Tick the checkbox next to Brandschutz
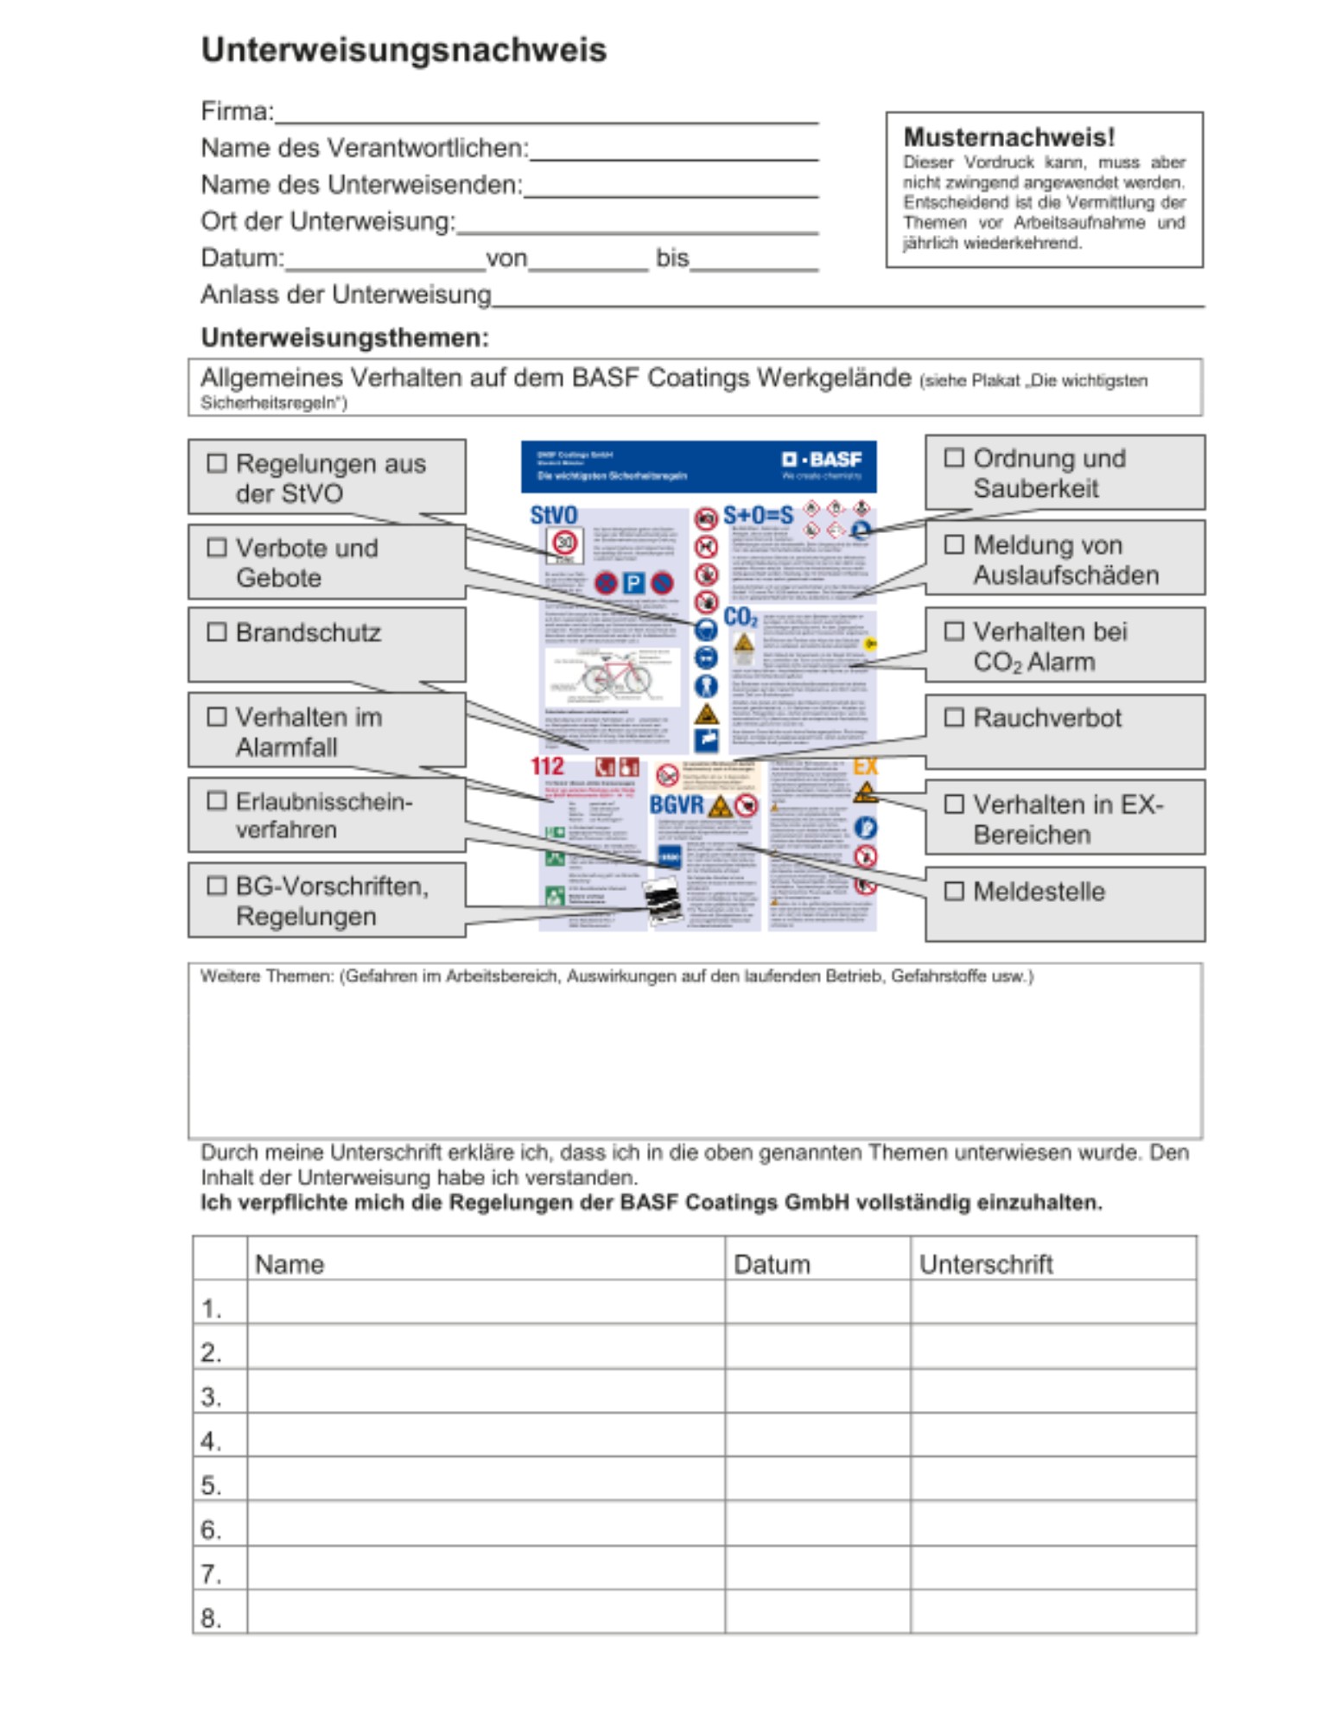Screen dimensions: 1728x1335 (217, 632)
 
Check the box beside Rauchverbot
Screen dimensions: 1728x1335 (954, 717)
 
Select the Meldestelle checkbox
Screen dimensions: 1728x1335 (954, 891)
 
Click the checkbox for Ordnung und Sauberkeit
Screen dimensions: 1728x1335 (954, 458)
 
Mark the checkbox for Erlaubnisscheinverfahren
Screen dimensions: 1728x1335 (217, 801)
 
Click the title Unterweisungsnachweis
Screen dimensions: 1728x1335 (404, 50)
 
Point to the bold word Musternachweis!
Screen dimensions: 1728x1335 (1008, 137)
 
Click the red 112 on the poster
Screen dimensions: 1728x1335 (546, 766)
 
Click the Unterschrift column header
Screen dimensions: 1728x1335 (986, 1264)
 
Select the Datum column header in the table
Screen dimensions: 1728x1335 (772, 1264)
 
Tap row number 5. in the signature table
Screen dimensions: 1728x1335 (212, 1485)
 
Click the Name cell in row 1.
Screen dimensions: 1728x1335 (486, 1302)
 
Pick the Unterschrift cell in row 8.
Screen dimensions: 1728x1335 (1052, 1611)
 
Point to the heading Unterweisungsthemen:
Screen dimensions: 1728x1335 (345, 337)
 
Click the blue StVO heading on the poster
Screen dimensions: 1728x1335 (553, 516)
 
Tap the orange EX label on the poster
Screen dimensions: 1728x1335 (865, 766)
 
